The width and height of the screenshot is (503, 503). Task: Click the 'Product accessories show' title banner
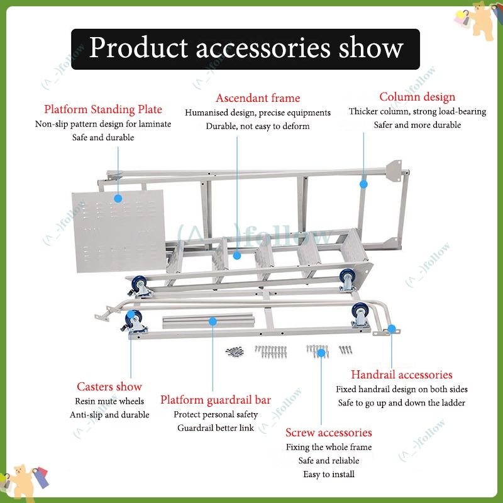[245, 48]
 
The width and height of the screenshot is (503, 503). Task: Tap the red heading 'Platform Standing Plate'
[103, 109]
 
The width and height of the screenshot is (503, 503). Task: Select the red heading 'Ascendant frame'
[258, 97]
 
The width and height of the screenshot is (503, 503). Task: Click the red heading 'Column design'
[417, 97]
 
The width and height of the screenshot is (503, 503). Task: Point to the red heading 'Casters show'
[109, 386]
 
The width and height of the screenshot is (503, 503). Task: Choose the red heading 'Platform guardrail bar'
[216, 400]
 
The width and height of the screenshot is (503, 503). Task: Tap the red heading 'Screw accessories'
[328, 433]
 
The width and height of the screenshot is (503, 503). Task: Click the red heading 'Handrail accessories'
[401, 375]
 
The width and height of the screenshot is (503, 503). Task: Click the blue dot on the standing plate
[118, 198]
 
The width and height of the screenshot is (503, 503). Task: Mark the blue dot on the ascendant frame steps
[237, 255]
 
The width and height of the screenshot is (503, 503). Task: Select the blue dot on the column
[363, 184]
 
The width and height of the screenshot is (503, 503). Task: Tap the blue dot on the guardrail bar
[213, 321]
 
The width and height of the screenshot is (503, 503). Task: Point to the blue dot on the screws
[321, 353]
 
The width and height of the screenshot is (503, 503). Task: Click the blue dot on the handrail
[391, 328]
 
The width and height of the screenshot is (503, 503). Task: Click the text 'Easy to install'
[328, 474]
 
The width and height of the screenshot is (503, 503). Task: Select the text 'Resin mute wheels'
[109, 401]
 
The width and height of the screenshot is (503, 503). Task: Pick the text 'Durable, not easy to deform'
[258, 126]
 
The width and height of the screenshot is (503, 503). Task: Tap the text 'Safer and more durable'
[417, 124]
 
